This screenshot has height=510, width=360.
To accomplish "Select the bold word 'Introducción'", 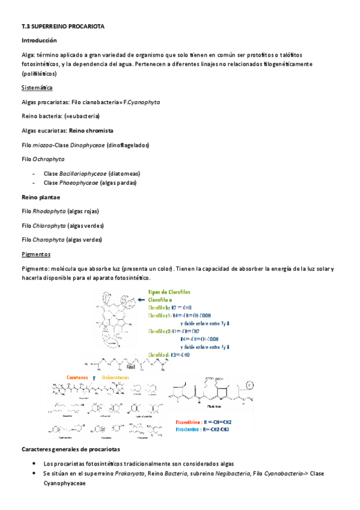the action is (x=38, y=40).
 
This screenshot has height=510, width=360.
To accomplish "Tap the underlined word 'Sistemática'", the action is (x=37, y=88).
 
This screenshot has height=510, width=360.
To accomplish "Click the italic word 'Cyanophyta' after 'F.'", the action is (x=144, y=102).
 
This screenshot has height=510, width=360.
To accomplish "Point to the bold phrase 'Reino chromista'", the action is (x=91, y=131).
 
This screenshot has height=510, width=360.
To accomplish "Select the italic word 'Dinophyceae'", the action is (x=87, y=145).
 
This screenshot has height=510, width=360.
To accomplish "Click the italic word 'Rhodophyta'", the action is (x=48, y=211).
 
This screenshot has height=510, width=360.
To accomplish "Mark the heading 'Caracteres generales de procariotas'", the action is (x=70, y=449).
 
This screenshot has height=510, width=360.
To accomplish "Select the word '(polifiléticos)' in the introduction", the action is (x=39, y=73).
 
